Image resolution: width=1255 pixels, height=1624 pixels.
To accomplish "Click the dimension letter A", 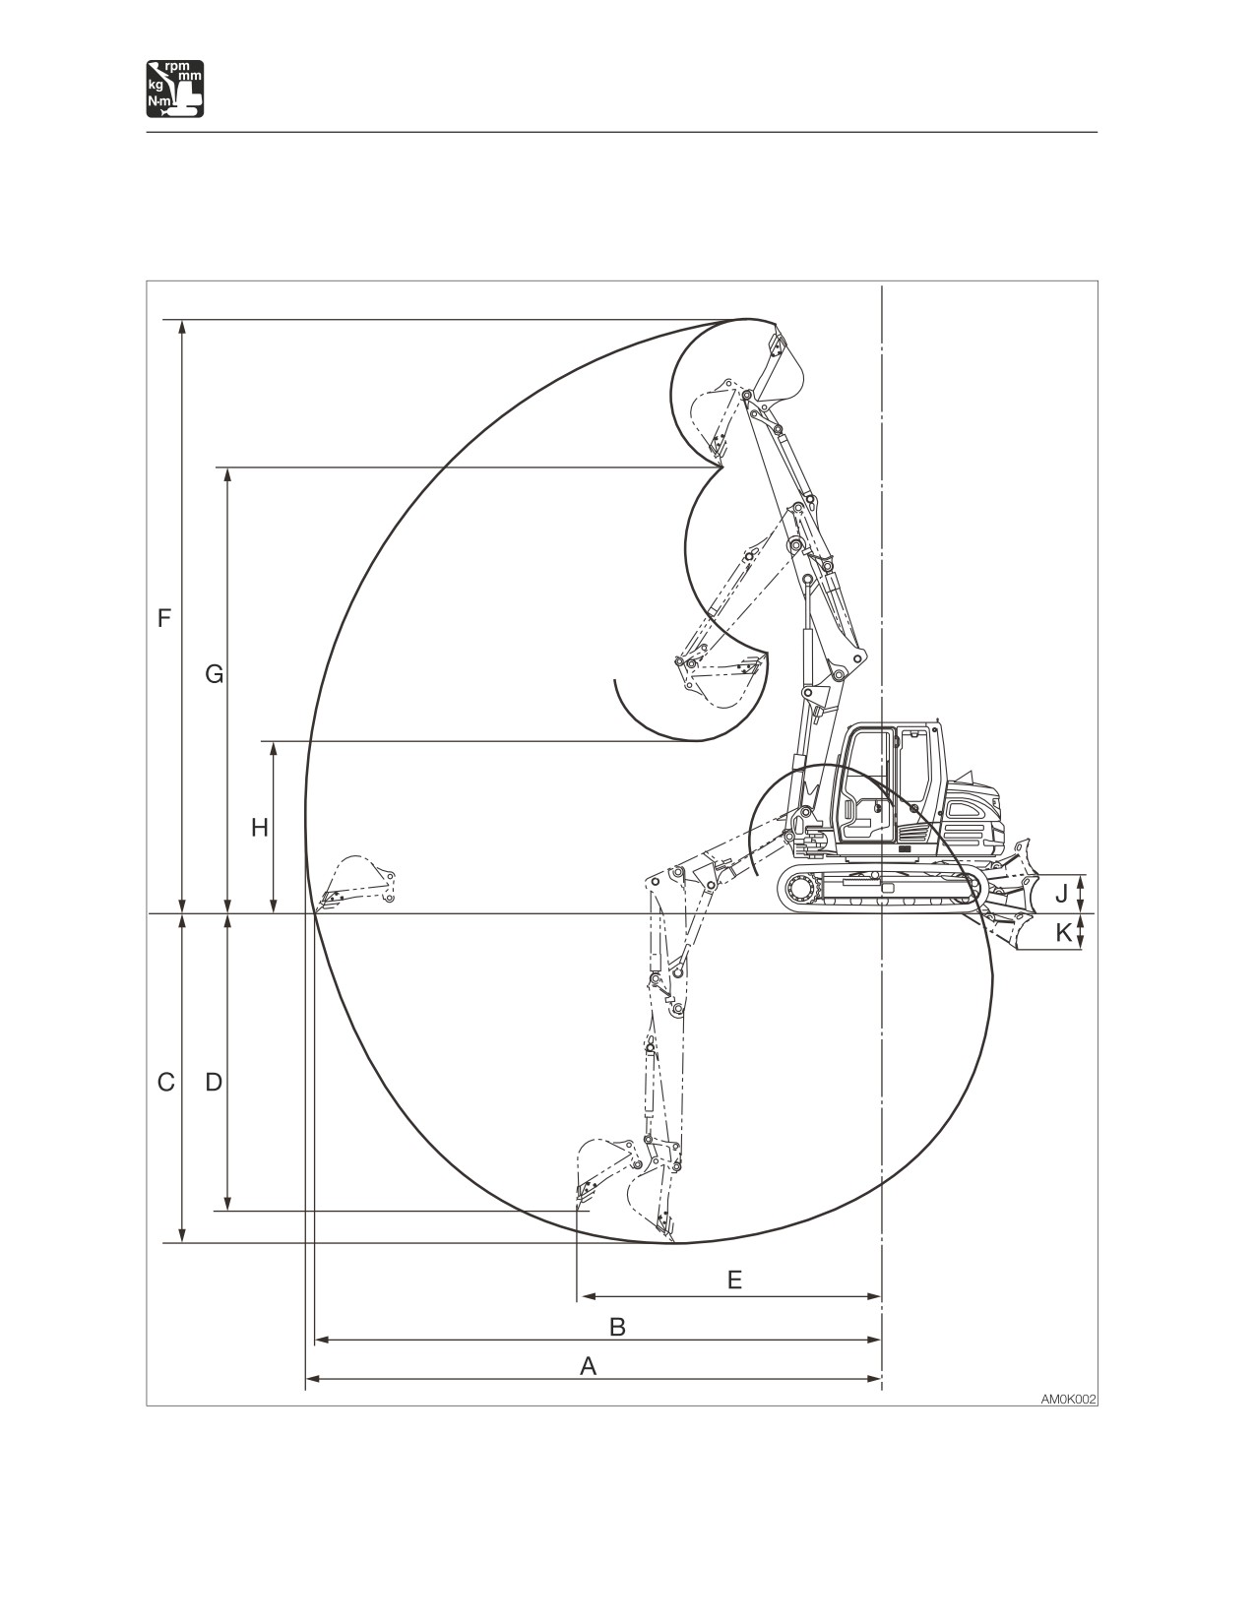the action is click(x=589, y=1366).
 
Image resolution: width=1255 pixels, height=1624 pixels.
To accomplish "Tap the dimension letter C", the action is click(x=166, y=1082).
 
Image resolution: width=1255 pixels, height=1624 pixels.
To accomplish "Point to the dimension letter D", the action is click(x=214, y=1082).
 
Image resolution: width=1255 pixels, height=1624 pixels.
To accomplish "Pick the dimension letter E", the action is click(x=734, y=1280).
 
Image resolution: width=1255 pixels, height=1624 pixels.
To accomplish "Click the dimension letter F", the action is click(x=164, y=619).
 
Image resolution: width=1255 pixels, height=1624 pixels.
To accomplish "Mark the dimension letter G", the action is click(x=215, y=675).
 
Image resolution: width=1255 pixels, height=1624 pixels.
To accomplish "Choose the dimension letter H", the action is click(x=260, y=828).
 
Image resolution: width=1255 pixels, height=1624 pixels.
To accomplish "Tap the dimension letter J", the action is click(x=1061, y=893).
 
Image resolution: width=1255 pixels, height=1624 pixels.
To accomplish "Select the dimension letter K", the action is click(x=1063, y=932).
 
